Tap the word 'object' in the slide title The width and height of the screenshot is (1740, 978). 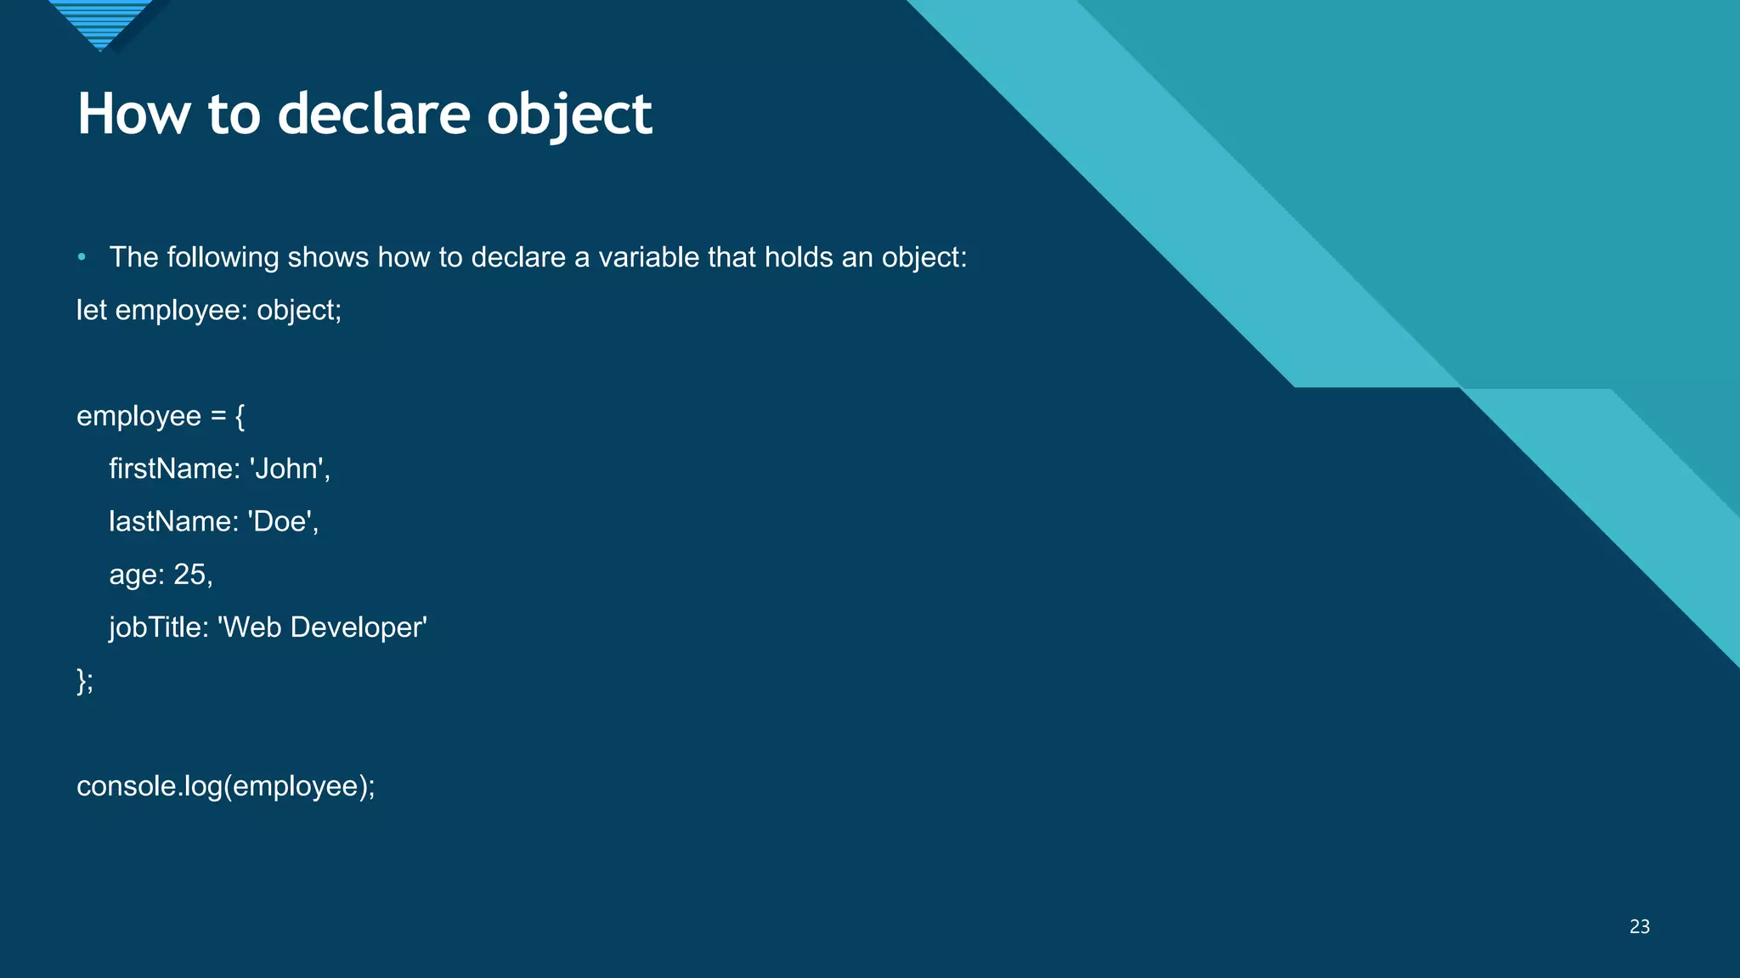tap(569, 115)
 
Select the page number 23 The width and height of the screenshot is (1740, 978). tap(1639, 927)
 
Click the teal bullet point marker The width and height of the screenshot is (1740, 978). tap(82, 257)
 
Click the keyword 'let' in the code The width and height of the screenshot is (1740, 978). tap(91, 310)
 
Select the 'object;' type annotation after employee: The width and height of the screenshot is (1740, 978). tap(299, 311)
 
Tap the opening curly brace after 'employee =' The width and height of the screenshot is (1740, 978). tap(240, 416)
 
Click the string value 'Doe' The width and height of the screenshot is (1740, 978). tap(282, 521)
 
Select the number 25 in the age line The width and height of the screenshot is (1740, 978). tap(190, 575)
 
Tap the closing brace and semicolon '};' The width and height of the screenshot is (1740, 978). tap(85, 681)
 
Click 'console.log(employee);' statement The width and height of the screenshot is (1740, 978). tap(226, 786)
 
